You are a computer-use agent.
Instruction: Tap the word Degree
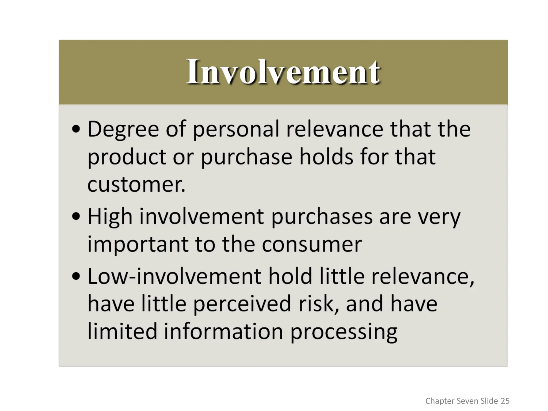point(123,130)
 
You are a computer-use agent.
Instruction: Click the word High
point(110,217)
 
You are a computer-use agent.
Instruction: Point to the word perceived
point(242,305)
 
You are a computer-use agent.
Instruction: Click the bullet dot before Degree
point(76,129)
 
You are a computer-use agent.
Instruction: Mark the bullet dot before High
point(76,216)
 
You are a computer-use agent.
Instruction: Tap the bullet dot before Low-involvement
point(76,276)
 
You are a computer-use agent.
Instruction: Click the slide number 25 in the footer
point(505,401)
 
